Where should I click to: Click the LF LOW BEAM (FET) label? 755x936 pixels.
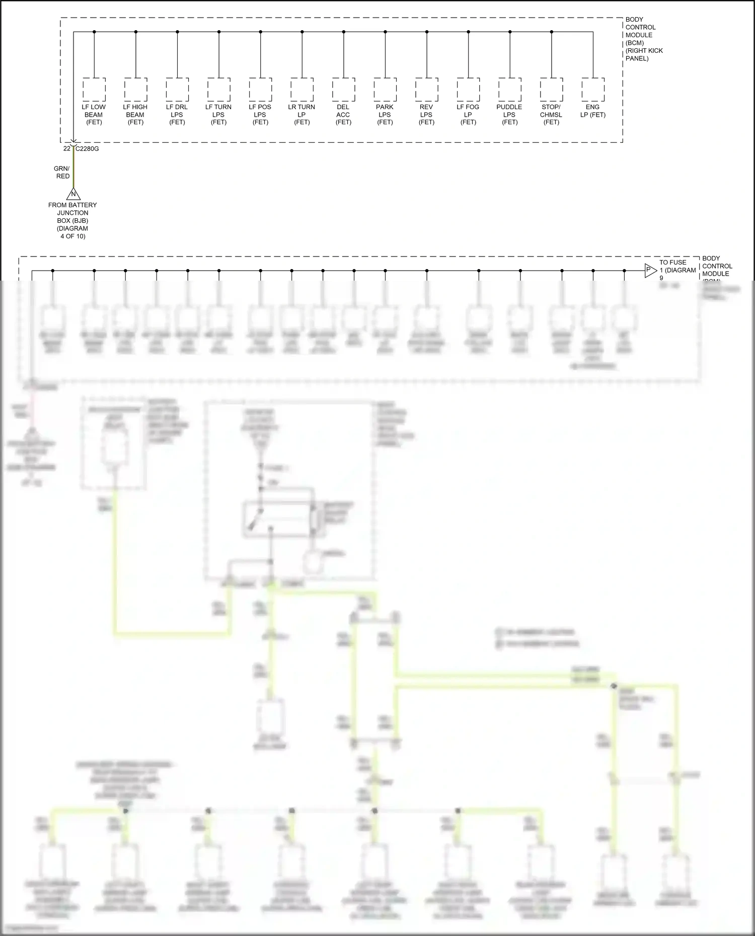[x=94, y=115]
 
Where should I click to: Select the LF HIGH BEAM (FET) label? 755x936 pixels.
[x=135, y=115]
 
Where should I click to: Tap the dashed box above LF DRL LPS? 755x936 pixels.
[x=177, y=90]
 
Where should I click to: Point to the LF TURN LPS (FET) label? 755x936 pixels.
[x=218, y=115]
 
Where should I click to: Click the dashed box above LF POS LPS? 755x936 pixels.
[x=260, y=90]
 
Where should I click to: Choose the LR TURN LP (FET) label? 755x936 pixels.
[x=301, y=115]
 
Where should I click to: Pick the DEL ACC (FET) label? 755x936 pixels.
[x=343, y=115]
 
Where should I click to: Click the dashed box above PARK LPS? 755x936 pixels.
[x=385, y=90]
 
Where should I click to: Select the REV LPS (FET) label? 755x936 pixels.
[x=426, y=115]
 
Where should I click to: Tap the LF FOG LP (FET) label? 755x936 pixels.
[x=468, y=115]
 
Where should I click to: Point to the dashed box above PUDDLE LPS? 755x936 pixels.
[x=510, y=90]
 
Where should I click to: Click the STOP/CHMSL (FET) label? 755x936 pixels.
[x=551, y=115]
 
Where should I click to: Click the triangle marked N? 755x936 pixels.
[x=73, y=194]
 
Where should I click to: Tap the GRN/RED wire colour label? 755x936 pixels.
[x=62, y=173]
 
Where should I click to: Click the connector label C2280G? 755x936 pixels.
[x=87, y=149]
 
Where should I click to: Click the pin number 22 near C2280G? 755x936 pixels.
[x=67, y=149]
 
